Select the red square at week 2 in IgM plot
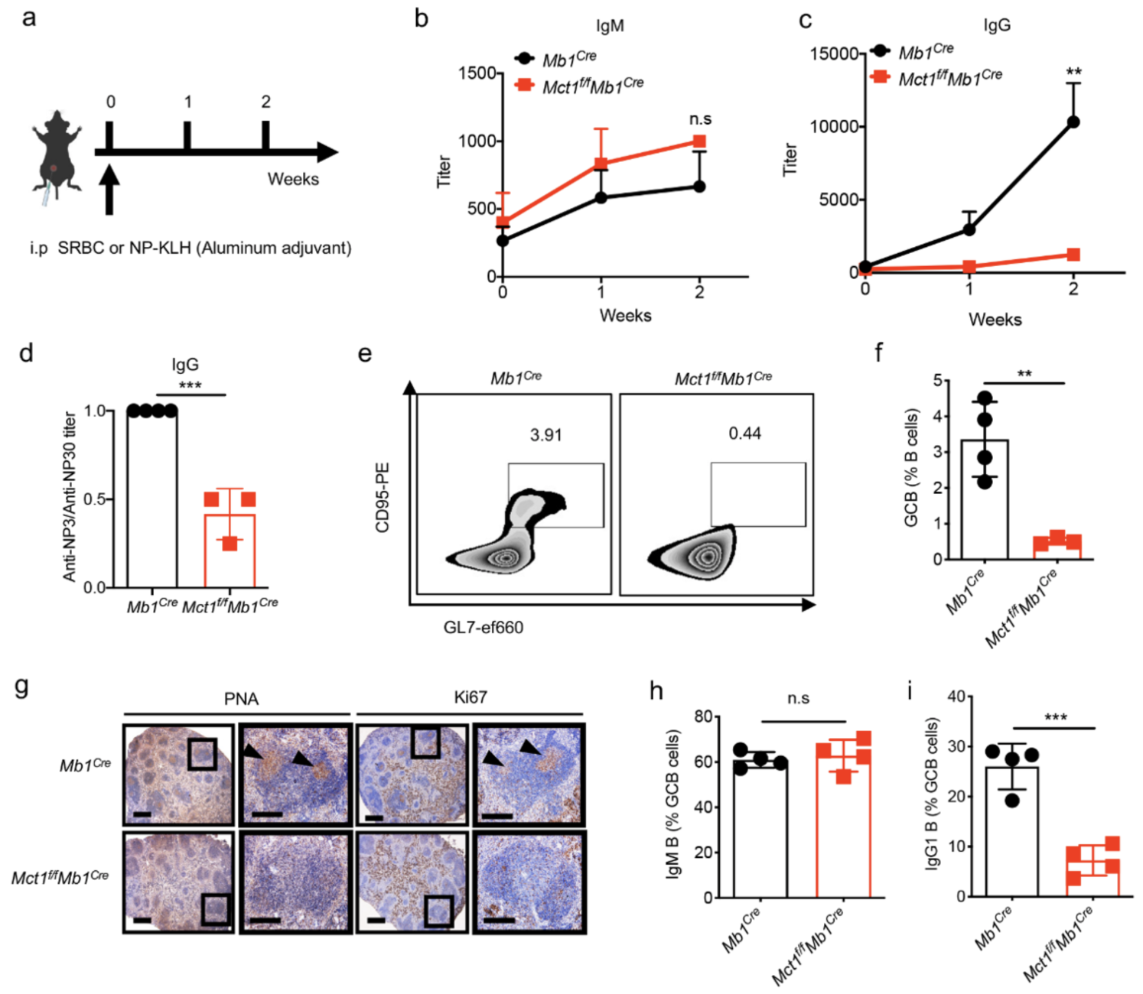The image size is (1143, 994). pos(699,141)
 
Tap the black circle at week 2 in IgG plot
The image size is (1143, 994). pos(1073,122)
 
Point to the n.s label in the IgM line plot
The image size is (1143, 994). pos(700,119)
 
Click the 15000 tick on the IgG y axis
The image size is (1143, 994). pos(834,54)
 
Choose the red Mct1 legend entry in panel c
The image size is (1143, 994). pos(949,76)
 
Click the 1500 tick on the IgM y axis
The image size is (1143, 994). pos(477,73)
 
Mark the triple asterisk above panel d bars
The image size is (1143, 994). pos(190,385)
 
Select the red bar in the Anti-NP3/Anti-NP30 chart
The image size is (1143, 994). pos(230,551)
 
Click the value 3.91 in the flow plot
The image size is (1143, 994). pos(545,435)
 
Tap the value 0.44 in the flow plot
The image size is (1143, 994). pos(744,434)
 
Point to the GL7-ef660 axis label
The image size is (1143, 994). pos(483,628)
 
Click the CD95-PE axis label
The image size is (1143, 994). pos(383,497)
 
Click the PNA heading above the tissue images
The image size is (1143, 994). pos(241,699)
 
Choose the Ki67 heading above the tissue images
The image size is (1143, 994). pos(470,697)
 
